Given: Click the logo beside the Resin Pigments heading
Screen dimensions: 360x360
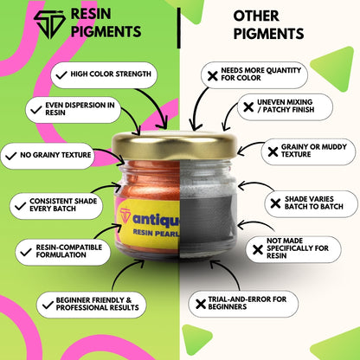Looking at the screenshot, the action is click(49, 24).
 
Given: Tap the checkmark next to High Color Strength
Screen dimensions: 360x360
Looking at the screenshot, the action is click(61, 75).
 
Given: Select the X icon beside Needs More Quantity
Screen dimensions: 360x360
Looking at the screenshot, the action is click(213, 76).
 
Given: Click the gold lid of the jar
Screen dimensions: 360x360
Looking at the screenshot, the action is click(174, 145).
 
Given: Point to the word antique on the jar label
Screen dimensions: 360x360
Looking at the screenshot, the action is click(156, 220).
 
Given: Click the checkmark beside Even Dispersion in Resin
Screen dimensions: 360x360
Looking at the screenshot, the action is click(36, 110).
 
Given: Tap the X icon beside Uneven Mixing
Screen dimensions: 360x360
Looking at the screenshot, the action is click(248, 107).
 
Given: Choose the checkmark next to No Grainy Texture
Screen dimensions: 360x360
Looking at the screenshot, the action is click(10, 157).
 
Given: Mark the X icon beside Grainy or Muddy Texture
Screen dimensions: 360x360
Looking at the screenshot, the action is click(273, 151).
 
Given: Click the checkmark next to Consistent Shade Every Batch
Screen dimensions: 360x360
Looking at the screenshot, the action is click(20, 206).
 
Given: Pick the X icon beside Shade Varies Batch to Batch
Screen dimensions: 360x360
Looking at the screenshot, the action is click(275, 203).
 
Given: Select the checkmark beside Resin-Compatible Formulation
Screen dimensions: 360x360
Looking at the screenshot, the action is click(26, 252).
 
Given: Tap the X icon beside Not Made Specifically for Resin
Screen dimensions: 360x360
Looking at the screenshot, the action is click(258, 249).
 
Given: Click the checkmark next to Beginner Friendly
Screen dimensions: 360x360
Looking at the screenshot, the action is click(48, 305).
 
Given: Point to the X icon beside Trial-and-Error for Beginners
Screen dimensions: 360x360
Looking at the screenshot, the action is click(201, 304).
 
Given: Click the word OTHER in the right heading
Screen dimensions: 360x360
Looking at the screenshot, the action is click(256, 16).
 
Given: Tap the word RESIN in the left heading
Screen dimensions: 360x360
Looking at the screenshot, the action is click(91, 14).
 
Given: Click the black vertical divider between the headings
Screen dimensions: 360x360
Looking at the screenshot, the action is click(179, 28).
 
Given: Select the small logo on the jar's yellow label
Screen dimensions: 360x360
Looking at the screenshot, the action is click(125, 215).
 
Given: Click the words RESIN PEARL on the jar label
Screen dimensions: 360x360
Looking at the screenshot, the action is click(156, 233).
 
